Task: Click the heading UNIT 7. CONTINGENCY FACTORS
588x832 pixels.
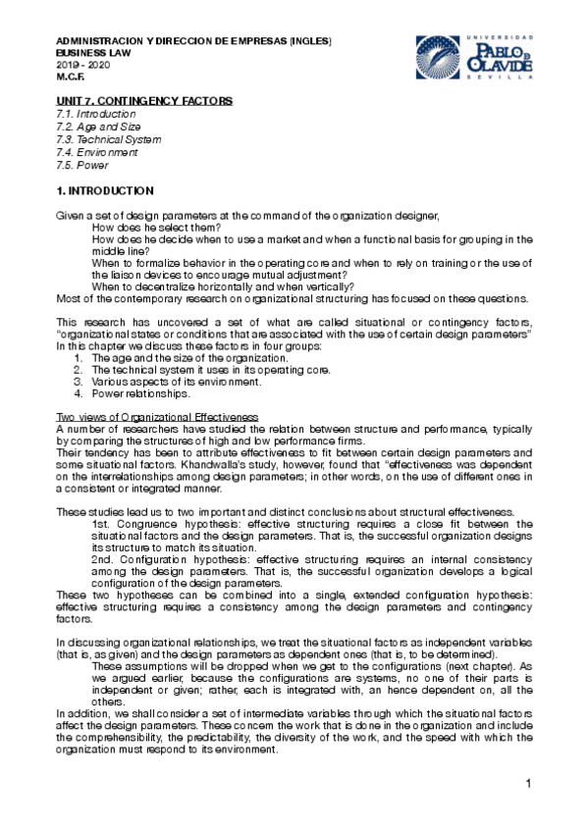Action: (144, 101)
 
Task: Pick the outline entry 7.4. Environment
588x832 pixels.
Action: (97, 153)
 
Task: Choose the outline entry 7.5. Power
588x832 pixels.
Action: (83, 166)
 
